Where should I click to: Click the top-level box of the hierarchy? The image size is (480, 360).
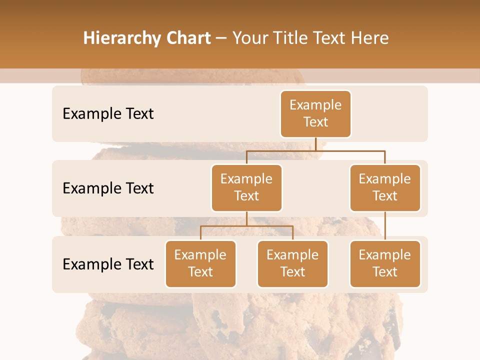tap(315, 113)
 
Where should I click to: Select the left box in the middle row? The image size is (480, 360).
tap(246, 187)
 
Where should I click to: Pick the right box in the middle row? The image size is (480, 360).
tap(385, 187)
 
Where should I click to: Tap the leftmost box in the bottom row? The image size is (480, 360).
tap(200, 263)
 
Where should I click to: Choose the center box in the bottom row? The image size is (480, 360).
tap(292, 263)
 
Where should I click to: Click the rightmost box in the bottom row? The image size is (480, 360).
tap(385, 263)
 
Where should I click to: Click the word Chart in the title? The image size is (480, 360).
tap(185, 38)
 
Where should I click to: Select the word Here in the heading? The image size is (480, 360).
tap(370, 38)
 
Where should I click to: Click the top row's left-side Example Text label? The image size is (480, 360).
tap(108, 114)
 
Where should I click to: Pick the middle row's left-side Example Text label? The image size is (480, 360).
tap(108, 188)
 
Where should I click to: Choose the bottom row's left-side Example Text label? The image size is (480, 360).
tap(108, 264)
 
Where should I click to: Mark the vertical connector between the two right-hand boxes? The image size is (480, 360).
tap(385, 225)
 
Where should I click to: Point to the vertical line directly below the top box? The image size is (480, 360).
tap(315, 144)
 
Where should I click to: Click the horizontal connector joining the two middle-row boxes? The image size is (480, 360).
tap(315, 150)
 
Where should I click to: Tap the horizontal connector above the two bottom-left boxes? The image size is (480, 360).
tap(246, 226)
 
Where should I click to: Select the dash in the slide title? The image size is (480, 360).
tap(221, 38)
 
